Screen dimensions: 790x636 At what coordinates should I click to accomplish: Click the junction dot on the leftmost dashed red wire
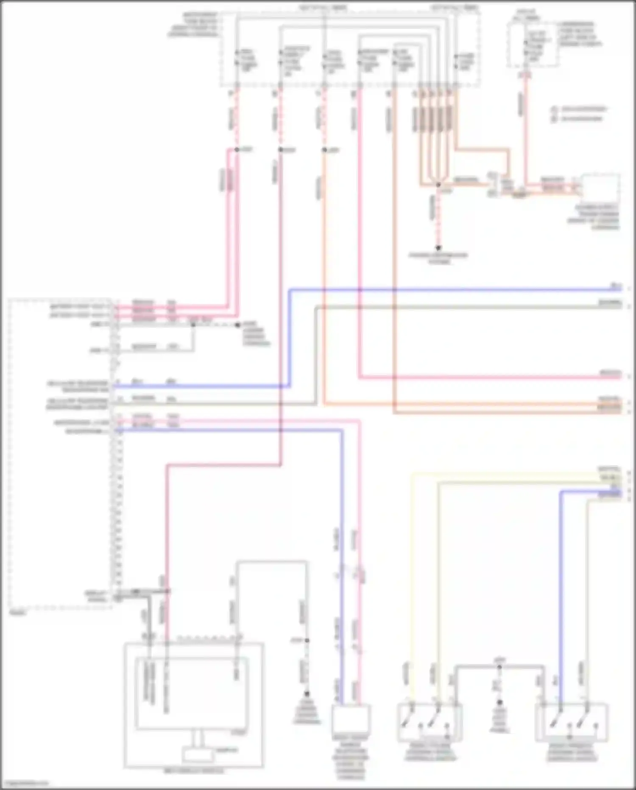(x=237, y=149)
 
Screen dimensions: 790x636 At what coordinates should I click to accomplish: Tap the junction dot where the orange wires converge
(x=438, y=185)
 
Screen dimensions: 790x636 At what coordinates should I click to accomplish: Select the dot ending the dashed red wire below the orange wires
(x=438, y=248)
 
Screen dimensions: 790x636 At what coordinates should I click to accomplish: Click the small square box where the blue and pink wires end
(x=351, y=718)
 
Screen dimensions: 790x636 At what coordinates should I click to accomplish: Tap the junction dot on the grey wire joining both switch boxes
(x=499, y=667)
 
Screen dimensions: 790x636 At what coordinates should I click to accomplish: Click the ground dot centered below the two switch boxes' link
(x=499, y=703)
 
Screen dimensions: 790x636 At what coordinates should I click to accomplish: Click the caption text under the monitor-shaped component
(x=194, y=771)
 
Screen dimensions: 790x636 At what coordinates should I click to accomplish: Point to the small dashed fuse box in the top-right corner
(x=533, y=45)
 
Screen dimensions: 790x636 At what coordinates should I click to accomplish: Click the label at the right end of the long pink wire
(x=610, y=373)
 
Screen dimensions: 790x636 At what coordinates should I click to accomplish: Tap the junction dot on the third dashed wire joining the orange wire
(x=324, y=150)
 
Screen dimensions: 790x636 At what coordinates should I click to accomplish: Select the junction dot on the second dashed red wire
(x=280, y=150)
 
